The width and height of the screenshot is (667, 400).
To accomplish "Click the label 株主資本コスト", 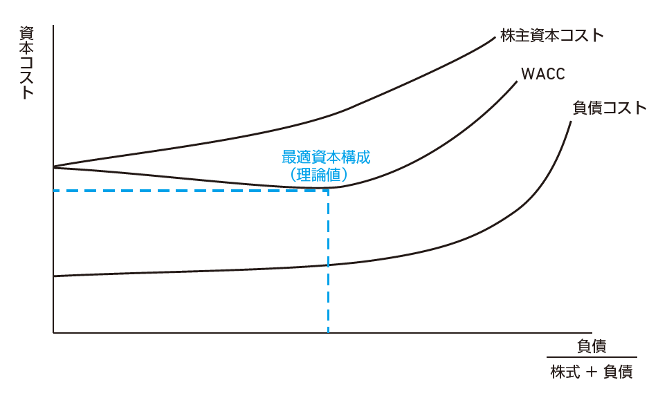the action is coord(551,36).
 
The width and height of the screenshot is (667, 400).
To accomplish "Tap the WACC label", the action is coord(542,74).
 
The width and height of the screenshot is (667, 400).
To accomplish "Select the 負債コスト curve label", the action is coord(609,108).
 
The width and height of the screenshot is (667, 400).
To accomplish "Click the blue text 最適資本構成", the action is coord(326,157).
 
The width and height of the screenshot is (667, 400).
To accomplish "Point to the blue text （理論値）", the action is coord(318,175).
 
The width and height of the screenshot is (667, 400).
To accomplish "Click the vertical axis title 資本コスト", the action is coord(26,63).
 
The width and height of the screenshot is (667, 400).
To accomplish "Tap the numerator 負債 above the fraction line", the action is coord(592,346).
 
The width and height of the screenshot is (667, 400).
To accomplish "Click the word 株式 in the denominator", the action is coord(565,372).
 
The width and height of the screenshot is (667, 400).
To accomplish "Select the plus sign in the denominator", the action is coord(592,372).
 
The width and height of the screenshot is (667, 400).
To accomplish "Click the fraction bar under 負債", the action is coord(592,358).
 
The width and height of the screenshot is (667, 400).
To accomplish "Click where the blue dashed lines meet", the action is coord(329,191).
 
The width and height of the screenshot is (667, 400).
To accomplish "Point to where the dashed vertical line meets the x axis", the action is coord(329,332).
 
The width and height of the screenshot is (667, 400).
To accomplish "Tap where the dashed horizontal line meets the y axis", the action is coord(53,191).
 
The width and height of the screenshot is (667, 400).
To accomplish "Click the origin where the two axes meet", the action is coord(53,332).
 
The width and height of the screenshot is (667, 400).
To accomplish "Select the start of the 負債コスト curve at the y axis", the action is coord(53,276).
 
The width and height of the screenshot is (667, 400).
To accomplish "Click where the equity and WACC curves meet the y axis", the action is coord(53,167).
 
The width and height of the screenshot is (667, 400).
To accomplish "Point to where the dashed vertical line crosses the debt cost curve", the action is coord(329,265).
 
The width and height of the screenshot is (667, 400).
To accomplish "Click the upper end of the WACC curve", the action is coord(517,81).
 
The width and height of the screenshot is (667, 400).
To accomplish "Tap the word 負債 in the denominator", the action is coord(618,372).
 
